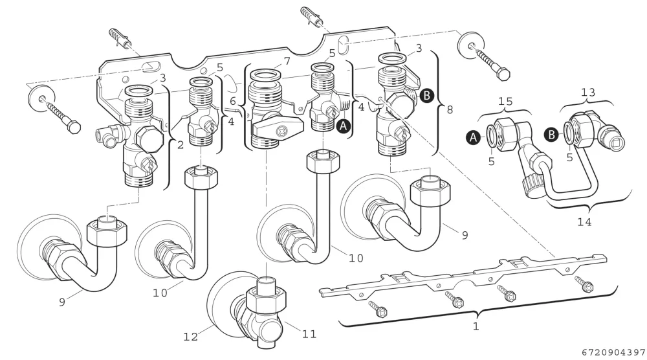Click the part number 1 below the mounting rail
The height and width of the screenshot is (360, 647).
click(x=476, y=326)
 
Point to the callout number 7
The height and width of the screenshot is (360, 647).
click(x=287, y=62)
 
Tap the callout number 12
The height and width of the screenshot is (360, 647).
click(x=191, y=337)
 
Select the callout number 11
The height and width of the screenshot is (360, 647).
click(x=309, y=333)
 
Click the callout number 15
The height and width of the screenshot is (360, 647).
click(x=505, y=101)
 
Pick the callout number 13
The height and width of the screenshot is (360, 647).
click(x=588, y=93)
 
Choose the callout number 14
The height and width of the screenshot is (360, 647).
click(x=584, y=222)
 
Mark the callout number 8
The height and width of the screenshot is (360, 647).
click(x=450, y=109)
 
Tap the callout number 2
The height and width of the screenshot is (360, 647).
click(x=181, y=145)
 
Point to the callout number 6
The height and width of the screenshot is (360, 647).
click(x=233, y=101)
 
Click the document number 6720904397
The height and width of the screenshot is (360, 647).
click(x=614, y=353)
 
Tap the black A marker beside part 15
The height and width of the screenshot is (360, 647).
click(x=474, y=137)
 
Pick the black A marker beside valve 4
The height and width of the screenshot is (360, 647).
click(x=344, y=126)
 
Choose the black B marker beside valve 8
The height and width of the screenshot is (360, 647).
click(x=426, y=95)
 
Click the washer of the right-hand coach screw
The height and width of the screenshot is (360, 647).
click(x=471, y=43)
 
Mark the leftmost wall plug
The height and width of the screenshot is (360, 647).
click(x=120, y=38)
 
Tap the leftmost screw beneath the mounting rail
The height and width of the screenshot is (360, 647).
click(x=377, y=309)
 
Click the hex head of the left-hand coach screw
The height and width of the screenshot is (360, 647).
click(x=74, y=126)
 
